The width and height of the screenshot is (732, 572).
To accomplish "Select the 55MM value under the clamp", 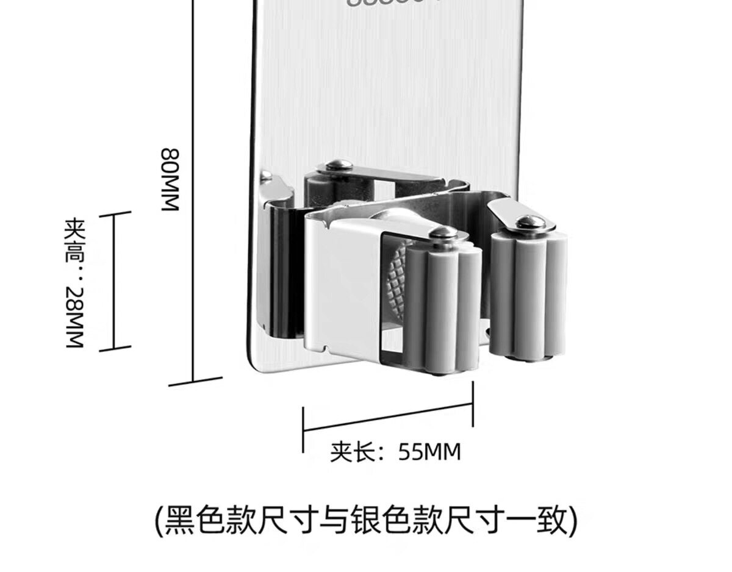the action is [x=429, y=452].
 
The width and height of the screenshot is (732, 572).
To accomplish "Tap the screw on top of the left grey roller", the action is [x=443, y=232].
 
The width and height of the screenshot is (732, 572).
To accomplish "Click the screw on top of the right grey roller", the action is [x=528, y=222].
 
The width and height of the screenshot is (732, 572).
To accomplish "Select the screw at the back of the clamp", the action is [x=337, y=164].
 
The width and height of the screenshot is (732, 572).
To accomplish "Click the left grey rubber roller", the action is [x=443, y=305].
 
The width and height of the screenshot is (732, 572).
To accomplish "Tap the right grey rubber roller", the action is [x=528, y=293].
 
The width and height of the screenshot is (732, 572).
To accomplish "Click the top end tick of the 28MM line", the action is [x=113, y=214].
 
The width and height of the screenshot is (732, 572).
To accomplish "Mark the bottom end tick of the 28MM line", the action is [x=115, y=349].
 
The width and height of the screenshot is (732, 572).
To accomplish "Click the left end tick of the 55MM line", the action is [x=304, y=429].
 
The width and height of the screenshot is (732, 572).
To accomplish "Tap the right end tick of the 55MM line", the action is [x=473, y=404].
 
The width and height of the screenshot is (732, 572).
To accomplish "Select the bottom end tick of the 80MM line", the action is [x=194, y=382].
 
